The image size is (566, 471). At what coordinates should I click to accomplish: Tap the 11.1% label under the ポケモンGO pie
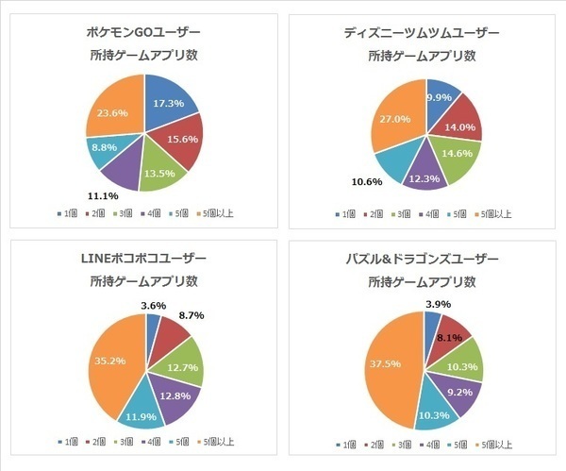(103, 195)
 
